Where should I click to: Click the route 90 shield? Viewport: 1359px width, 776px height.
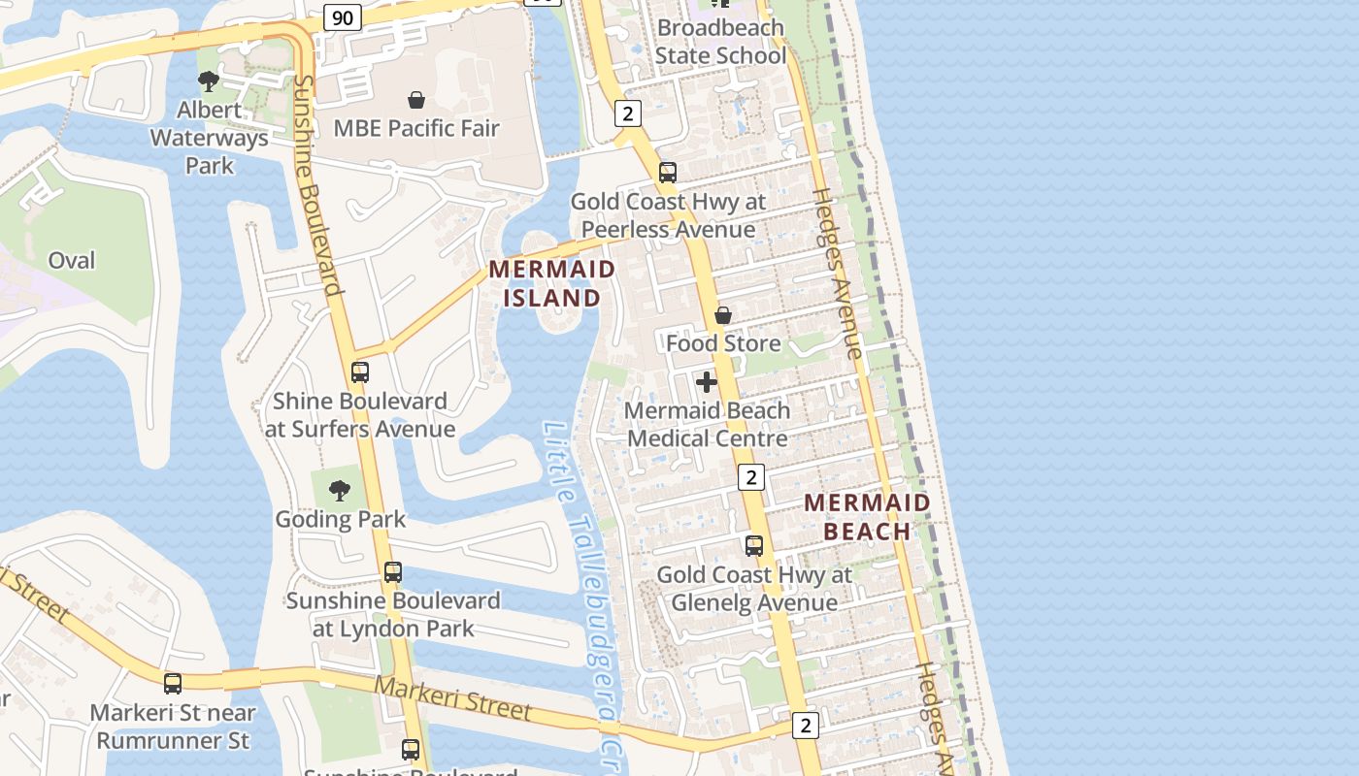(343, 16)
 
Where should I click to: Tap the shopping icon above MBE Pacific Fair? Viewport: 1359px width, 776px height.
(416, 100)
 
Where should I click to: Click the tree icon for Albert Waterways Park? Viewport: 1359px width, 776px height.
(208, 81)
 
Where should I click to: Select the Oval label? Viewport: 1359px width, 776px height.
(72, 260)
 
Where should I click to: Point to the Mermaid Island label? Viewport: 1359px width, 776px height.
(552, 283)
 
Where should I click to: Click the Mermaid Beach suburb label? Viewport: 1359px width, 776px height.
(867, 517)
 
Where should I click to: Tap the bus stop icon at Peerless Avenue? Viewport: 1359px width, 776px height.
(668, 173)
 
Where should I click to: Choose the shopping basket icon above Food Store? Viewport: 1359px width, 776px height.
(723, 315)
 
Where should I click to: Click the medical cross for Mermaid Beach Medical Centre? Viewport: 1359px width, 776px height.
(707, 382)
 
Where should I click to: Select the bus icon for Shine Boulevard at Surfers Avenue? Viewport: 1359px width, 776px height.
(360, 372)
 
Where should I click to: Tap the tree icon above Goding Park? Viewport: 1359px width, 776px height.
(340, 491)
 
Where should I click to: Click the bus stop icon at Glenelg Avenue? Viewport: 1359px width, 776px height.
(754, 546)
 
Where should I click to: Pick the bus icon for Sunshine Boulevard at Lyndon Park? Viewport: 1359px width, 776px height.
(393, 572)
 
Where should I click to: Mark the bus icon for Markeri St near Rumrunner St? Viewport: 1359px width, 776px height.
(173, 684)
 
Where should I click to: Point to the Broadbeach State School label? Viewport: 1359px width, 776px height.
(719, 42)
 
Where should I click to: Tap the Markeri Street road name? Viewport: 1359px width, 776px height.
(453, 698)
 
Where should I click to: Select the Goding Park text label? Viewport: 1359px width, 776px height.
(341, 519)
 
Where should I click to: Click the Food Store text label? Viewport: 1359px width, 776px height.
(723, 343)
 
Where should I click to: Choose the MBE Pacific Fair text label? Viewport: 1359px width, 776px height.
(416, 128)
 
